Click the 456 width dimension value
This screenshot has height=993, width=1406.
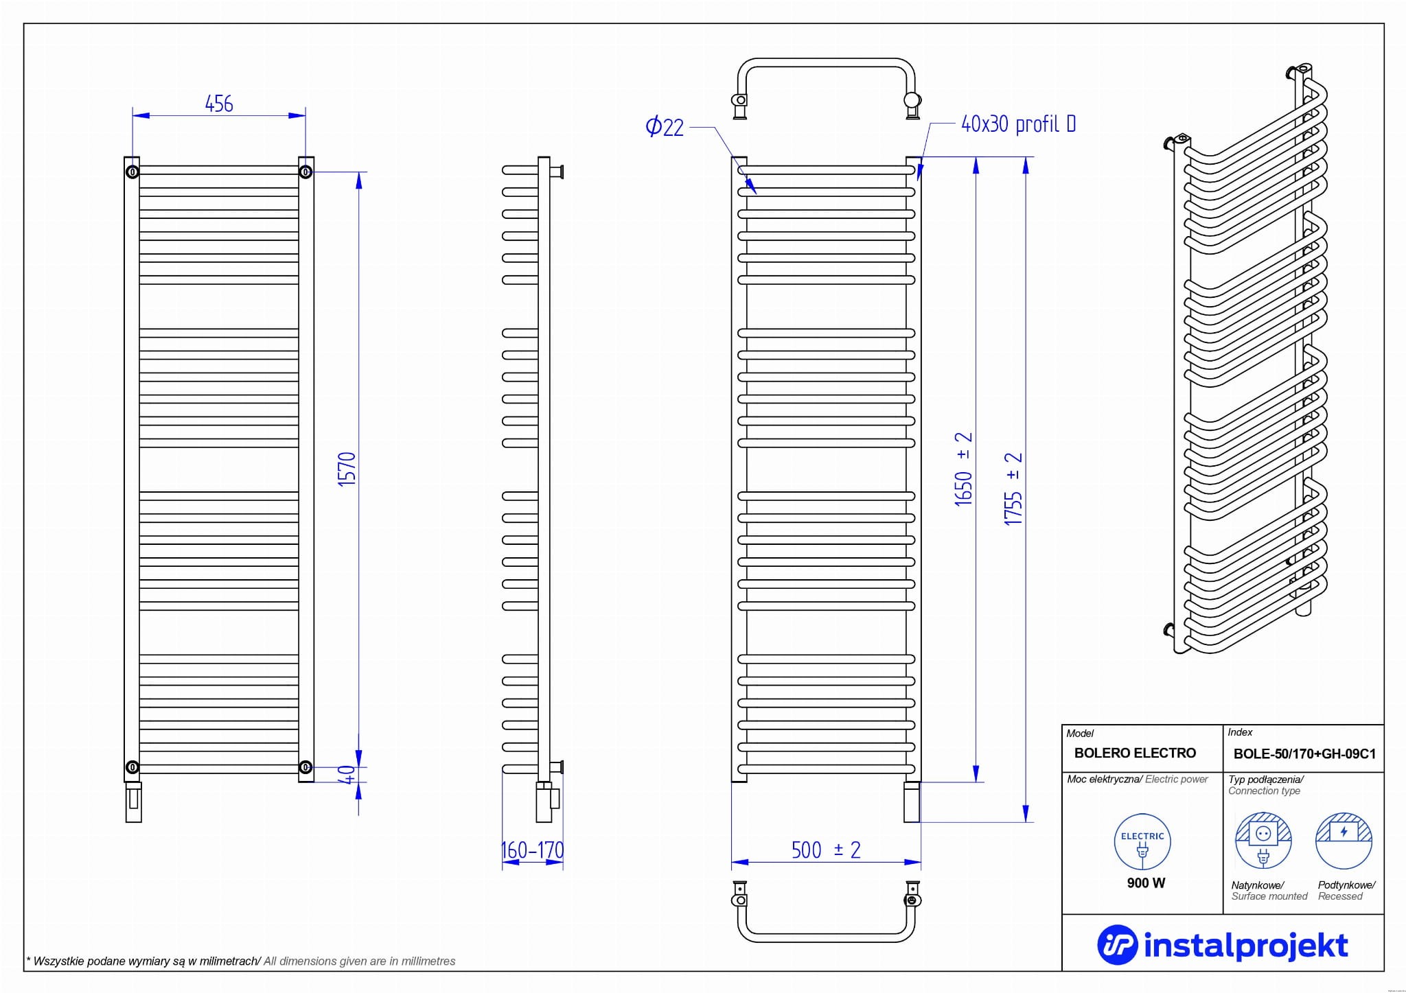pos(219,104)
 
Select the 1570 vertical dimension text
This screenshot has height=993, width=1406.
pos(347,469)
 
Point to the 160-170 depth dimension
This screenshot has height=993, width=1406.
pos(533,850)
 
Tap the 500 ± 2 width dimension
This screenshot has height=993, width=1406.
pos(826,850)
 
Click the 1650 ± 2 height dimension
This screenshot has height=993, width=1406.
pos(964,469)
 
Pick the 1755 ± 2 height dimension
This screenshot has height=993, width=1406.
pos(1013,489)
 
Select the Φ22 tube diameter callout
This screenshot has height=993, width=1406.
pos(665,127)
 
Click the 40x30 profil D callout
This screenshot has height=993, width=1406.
pos(1018,124)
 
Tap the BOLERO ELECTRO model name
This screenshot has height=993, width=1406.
pos(1135,753)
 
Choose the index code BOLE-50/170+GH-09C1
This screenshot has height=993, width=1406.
pos(1304,753)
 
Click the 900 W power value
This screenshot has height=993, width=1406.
pos(1146,883)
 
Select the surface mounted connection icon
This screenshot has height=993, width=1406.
pos(1263,841)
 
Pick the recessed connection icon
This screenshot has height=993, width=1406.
pos(1344,841)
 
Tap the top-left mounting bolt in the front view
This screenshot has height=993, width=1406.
pos(132,171)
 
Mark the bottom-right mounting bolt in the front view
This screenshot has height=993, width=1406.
pos(306,767)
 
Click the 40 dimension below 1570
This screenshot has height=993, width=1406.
pos(348,775)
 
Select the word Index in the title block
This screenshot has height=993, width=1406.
pos(1240,732)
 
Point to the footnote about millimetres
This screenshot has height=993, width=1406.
pos(240,961)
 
